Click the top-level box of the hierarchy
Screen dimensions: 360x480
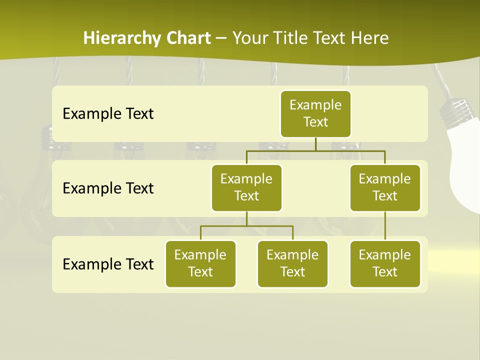point(315,113)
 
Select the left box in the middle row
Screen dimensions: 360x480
point(246,187)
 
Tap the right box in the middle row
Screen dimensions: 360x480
point(385,187)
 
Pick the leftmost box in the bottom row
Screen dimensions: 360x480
point(200,263)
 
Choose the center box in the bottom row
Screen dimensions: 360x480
point(292,263)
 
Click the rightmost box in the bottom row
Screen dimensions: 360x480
point(385,263)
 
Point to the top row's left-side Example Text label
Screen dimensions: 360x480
point(108,114)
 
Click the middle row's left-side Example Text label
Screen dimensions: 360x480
point(108,188)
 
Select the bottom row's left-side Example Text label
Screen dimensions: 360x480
point(108,264)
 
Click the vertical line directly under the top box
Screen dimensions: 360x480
point(315,143)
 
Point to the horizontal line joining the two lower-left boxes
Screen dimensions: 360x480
point(246,226)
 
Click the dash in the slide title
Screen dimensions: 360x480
point(221,38)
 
